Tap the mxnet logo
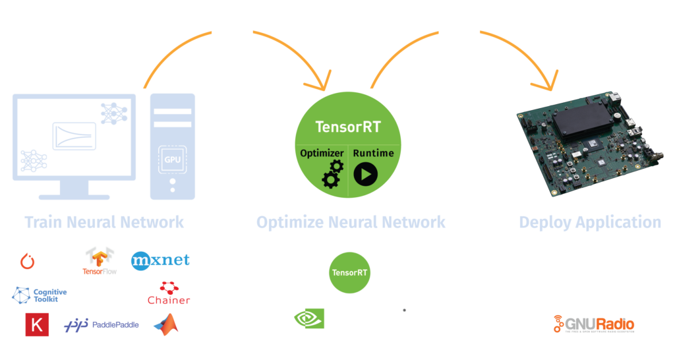point(160,260)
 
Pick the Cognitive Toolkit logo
point(40,294)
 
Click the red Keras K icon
point(37,324)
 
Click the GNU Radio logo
point(594,324)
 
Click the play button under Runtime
point(366,174)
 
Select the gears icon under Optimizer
point(332,174)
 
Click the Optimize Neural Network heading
point(351,222)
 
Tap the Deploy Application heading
point(590,222)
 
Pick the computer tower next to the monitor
point(173,146)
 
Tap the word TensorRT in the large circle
point(348,126)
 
